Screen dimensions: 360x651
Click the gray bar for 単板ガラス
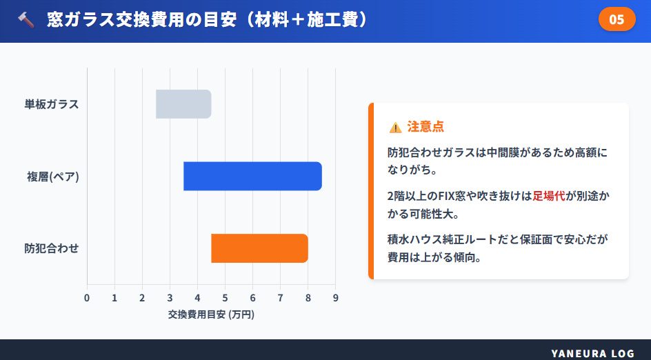[183, 104]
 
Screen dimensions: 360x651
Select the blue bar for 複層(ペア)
[252, 176]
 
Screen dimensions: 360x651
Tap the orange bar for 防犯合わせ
[259, 248]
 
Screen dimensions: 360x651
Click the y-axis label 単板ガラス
[52, 104]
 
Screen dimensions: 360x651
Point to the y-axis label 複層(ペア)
[53, 177]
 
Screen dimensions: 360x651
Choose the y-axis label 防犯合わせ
[52, 248]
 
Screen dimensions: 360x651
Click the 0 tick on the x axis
[87, 298]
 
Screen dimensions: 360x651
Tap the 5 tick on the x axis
[225, 298]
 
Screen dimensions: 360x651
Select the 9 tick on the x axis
[335, 298]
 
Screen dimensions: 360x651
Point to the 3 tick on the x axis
[170, 298]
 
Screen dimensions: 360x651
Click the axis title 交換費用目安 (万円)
[211, 314]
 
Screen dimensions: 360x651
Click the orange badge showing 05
[617, 19]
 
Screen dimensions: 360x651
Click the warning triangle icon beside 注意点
[395, 127]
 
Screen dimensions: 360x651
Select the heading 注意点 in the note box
[425, 127]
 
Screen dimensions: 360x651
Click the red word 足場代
[549, 196]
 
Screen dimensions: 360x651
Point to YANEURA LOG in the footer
[592, 353]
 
